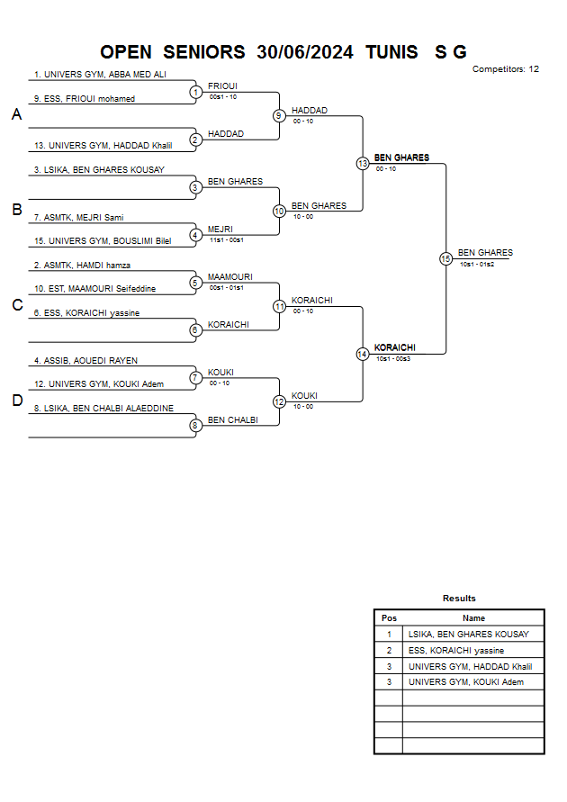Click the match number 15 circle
pos(445,258)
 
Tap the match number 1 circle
pos(195,91)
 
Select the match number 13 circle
pos(363,164)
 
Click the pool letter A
pos(16,115)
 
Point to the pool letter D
pos(16,401)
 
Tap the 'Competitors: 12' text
pos(506,69)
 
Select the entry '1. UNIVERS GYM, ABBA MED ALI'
pos(100,75)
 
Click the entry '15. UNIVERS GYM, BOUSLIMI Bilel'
pos(102,241)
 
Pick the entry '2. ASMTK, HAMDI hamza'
pos(82,266)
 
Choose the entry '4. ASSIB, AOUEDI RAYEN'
pos(85,361)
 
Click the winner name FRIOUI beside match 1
pos(222,86)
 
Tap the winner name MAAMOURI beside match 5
pos(229,277)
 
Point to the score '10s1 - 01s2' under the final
pos(476,265)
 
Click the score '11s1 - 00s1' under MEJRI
pos(225,240)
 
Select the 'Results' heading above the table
pos(459,599)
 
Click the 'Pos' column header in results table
pos(389,618)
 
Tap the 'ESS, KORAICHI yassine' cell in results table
pos(455,650)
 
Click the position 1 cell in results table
pos(389,635)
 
